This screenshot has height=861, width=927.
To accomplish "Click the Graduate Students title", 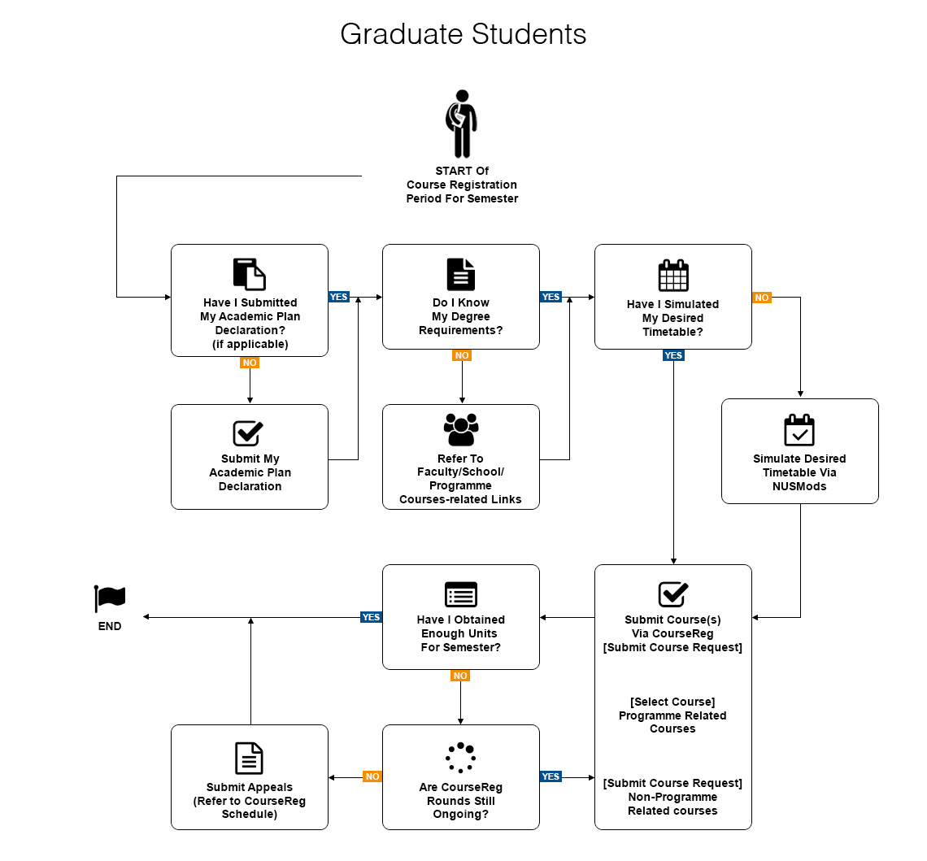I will coord(463,34).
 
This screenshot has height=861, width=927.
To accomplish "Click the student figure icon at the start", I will coord(461,124).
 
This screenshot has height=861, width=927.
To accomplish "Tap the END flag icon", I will coord(110,598).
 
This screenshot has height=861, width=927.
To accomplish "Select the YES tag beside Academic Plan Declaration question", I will coord(338,297).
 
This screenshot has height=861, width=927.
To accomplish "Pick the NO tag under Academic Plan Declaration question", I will coord(250,362).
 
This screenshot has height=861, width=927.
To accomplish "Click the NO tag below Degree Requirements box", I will coord(461,355).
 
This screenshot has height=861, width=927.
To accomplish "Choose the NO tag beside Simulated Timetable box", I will coord(761,298).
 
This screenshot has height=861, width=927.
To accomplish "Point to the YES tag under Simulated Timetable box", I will coord(673,355).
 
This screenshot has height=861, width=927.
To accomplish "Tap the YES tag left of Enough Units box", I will coord(371,617).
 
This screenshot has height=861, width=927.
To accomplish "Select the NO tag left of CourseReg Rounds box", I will coord(372,776).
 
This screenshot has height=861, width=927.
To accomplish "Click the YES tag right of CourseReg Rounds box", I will coord(551,776).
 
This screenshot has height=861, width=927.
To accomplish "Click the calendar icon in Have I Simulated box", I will coord(672,275).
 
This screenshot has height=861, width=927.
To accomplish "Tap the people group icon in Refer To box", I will coord(461,429).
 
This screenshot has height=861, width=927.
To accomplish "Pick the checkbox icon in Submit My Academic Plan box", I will coord(248,433).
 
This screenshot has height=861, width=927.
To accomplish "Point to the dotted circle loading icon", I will coord(460,757).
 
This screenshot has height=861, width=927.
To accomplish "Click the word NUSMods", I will coord(799,486).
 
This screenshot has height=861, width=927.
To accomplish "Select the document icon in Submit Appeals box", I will coord(249,758).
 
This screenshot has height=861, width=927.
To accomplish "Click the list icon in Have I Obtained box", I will coord(461,594).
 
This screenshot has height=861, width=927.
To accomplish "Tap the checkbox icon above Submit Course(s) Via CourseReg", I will coord(672,594).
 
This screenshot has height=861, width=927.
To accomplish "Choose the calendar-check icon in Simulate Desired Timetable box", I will coord(799,430).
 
